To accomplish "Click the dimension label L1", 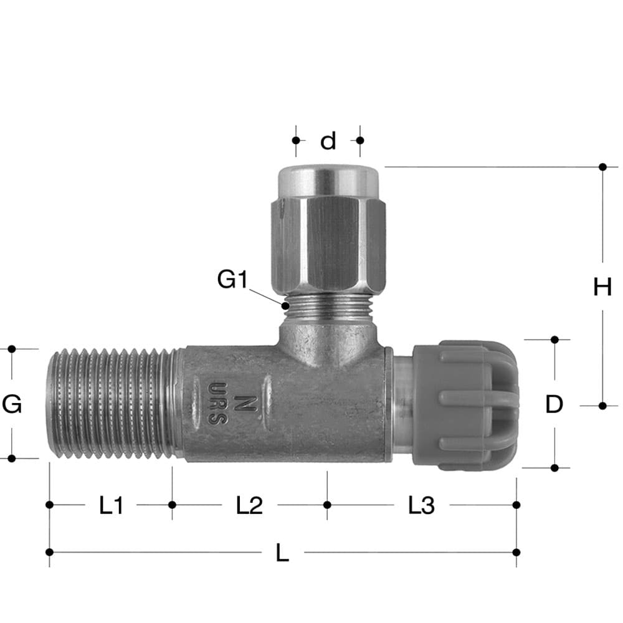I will (x=112, y=506).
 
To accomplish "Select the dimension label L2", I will (x=249, y=506).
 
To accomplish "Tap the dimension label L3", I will (x=421, y=506).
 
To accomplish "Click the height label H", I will (x=602, y=287).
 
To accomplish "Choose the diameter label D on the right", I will (x=554, y=405).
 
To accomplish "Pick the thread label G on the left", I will (x=12, y=405).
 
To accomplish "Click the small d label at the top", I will (x=328, y=141).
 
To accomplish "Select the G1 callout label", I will (x=232, y=280).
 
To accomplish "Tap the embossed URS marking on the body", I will (x=215, y=403).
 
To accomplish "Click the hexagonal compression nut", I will (x=328, y=240).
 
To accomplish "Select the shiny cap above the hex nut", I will (x=328, y=181).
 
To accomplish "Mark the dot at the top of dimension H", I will (x=602, y=167).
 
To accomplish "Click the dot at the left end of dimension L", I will (x=50, y=552).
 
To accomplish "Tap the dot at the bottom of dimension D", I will (x=554, y=467).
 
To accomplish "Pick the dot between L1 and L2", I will (x=173, y=505).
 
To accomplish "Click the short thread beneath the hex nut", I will (x=328, y=305).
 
